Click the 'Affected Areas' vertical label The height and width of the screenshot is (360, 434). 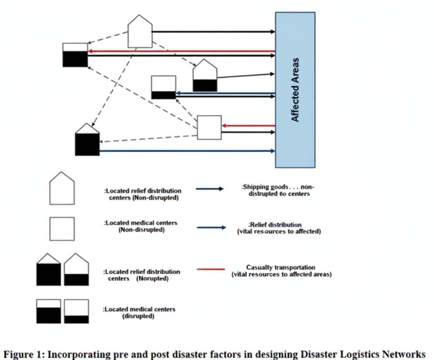[295, 90]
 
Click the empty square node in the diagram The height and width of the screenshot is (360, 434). [209, 127]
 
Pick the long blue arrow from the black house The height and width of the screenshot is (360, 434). [186, 151]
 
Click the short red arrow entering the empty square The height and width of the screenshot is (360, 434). [248, 126]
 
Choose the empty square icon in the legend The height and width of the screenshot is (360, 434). [62, 228]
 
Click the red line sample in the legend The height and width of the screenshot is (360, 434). [211, 269]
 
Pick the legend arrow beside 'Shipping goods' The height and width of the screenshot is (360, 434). [210, 189]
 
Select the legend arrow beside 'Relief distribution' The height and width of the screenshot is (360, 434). [211, 228]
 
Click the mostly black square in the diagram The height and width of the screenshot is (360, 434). [75, 55]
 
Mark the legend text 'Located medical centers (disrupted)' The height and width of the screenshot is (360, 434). [139, 313]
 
